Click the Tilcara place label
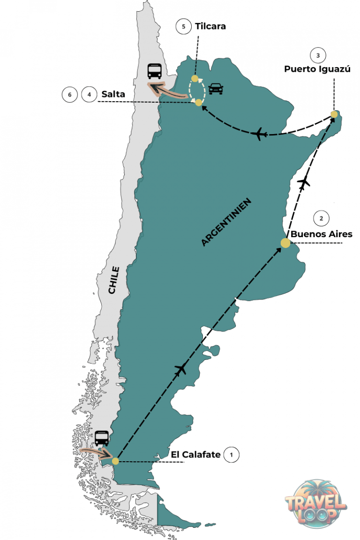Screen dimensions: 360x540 [x=210, y=26]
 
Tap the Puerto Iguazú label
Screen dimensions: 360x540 [x=317, y=69]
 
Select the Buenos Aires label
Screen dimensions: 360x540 [x=321, y=233]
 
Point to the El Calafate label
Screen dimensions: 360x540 [x=196, y=454]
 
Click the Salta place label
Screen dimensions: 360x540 [x=113, y=94]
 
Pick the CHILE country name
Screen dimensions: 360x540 [x=113, y=280]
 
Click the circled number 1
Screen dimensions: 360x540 [x=231, y=454]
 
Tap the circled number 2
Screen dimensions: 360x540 [x=321, y=218]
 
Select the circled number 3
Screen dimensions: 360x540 [x=318, y=55]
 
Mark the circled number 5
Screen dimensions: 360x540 [x=183, y=26]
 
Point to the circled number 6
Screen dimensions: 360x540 [x=69, y=95]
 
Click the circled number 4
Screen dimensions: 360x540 [x=88, y=95]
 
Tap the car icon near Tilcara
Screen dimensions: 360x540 [x=216, y=88]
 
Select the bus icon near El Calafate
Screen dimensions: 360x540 [x=102, y=438]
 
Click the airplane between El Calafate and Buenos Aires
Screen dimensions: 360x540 [x=181, y=369]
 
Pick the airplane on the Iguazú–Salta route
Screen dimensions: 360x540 [x=259, y=135]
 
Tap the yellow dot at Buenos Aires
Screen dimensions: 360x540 [x=285, y=243]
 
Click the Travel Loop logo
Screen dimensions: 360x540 [x=316, y=503]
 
